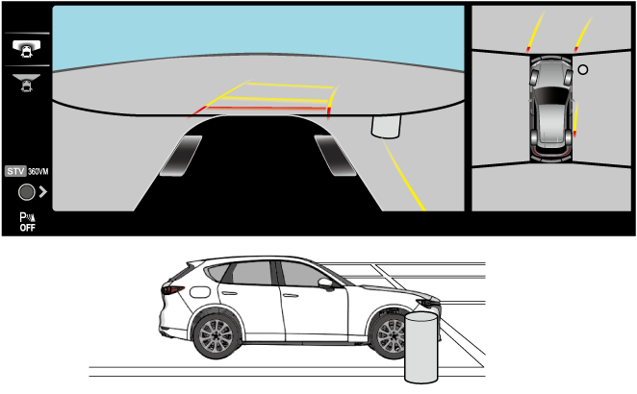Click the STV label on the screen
click(13, 170)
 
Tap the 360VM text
click(36, 170)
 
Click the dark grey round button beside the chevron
click(25, 192)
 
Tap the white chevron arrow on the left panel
click(43, 192)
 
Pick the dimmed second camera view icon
click(26, 81)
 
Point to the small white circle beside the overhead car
click(582, 69)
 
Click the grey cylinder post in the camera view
click(387, 127)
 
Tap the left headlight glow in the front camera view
click(183, 156)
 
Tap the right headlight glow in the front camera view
click(333, 156)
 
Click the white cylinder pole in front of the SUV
click(420, 346)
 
